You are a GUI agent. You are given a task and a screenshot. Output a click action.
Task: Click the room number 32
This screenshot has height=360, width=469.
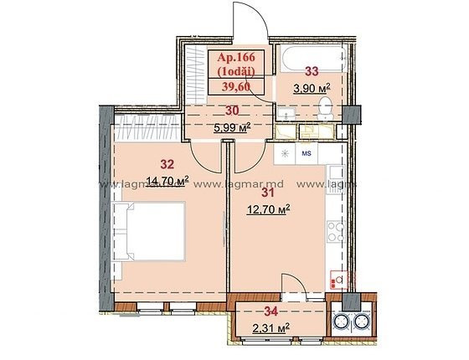(x=167, y=164)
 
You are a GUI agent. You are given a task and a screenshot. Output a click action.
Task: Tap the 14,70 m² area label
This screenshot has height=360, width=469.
(x=167, y=181)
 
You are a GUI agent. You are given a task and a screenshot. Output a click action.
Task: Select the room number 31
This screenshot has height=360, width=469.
(x=268, y=193)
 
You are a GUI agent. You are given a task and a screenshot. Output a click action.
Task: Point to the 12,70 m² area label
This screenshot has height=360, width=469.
(x=268, y=209)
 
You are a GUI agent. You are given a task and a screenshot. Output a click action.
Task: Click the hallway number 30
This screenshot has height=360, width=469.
(x=232, y=111)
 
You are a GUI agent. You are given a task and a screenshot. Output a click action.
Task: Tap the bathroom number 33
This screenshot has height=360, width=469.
(x=312, y=71)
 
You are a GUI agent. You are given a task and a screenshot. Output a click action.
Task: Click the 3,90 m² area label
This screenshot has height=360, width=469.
(x=312, y=88)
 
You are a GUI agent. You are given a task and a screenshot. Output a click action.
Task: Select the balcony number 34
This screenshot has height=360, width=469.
(x=271, y=311)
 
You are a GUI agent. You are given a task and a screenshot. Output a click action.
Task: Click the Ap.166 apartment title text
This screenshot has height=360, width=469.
(x=236, y=57)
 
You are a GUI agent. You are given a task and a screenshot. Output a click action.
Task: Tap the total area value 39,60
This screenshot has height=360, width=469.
(x=236, y=87)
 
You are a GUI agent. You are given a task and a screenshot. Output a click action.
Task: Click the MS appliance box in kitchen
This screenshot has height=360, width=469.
(x=307, y=153)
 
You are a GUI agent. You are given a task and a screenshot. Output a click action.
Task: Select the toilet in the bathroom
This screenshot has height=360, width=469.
(x=325, y=108)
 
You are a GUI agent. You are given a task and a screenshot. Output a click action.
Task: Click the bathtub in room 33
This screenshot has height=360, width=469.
(x=313, y=59)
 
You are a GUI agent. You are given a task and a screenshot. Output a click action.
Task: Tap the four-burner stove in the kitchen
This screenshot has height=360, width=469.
(x=336, y=231)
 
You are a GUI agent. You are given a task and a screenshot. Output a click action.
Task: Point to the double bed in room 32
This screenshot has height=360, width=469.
(x=149, y=231)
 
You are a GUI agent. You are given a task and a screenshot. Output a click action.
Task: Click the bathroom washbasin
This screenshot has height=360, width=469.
(x=286, y=114)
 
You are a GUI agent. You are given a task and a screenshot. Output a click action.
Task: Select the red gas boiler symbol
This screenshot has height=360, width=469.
(x=339, y=280)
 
